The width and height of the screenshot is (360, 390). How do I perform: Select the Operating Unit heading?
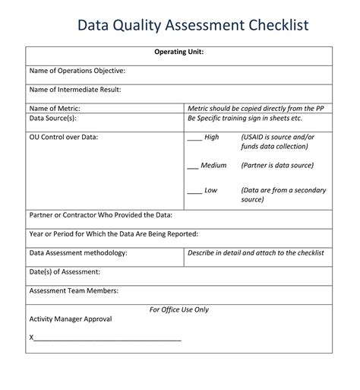coord(178,52)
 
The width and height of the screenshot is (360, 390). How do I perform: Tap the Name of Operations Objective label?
coord(77,71)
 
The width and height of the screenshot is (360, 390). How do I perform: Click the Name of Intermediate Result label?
coord(74,90)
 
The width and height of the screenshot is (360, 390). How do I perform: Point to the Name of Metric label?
coord(55,109)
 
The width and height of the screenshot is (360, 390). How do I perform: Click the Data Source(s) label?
coord(52,119)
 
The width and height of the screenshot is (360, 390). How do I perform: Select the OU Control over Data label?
coord(64,137)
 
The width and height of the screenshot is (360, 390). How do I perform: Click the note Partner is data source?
coord(277,165)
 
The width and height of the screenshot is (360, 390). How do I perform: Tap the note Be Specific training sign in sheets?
coord(245,119)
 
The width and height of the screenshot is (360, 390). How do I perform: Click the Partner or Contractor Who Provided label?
coord(100,215)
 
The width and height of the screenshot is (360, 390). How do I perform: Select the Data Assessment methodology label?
coord(77,252)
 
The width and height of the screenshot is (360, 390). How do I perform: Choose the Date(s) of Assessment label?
coord(65,271)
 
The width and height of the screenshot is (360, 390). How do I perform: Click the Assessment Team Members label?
coord(72,290)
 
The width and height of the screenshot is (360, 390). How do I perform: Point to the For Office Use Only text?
coord(178,309)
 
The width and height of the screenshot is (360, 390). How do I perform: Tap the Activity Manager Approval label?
coord(70,319)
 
